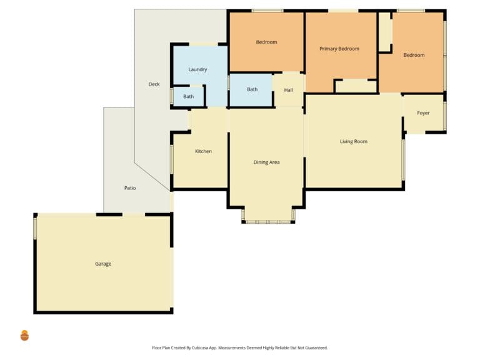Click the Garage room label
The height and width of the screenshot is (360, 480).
tap(103, 264)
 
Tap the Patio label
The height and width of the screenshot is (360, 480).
tap(130, 188)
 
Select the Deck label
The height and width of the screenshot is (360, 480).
tap(154, 84)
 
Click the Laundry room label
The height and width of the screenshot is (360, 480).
tap(197, 69)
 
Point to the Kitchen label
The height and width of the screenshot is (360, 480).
tap(204, 151)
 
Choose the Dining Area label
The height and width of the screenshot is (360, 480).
tap(267, 162)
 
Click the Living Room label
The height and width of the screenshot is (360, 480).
tap(354, 141)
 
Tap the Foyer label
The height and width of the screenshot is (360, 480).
tap(423, 113)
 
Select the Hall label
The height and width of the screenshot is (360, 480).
tap(288, 90)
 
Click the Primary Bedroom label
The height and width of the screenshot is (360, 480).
tap(339, 49)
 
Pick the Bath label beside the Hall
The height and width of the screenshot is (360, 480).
tap(252, 89)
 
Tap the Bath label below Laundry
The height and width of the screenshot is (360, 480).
tap(189, 97)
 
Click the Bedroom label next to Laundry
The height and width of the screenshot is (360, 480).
tap(267, 42)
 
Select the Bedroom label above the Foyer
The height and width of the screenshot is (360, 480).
tap(414, 55)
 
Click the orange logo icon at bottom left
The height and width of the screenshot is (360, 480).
tap(24, 336)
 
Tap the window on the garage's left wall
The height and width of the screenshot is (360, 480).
tap(35, 228)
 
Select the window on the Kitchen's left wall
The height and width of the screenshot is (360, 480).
tap(172, 159)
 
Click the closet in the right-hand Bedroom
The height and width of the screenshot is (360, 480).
tap(386, 32)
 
